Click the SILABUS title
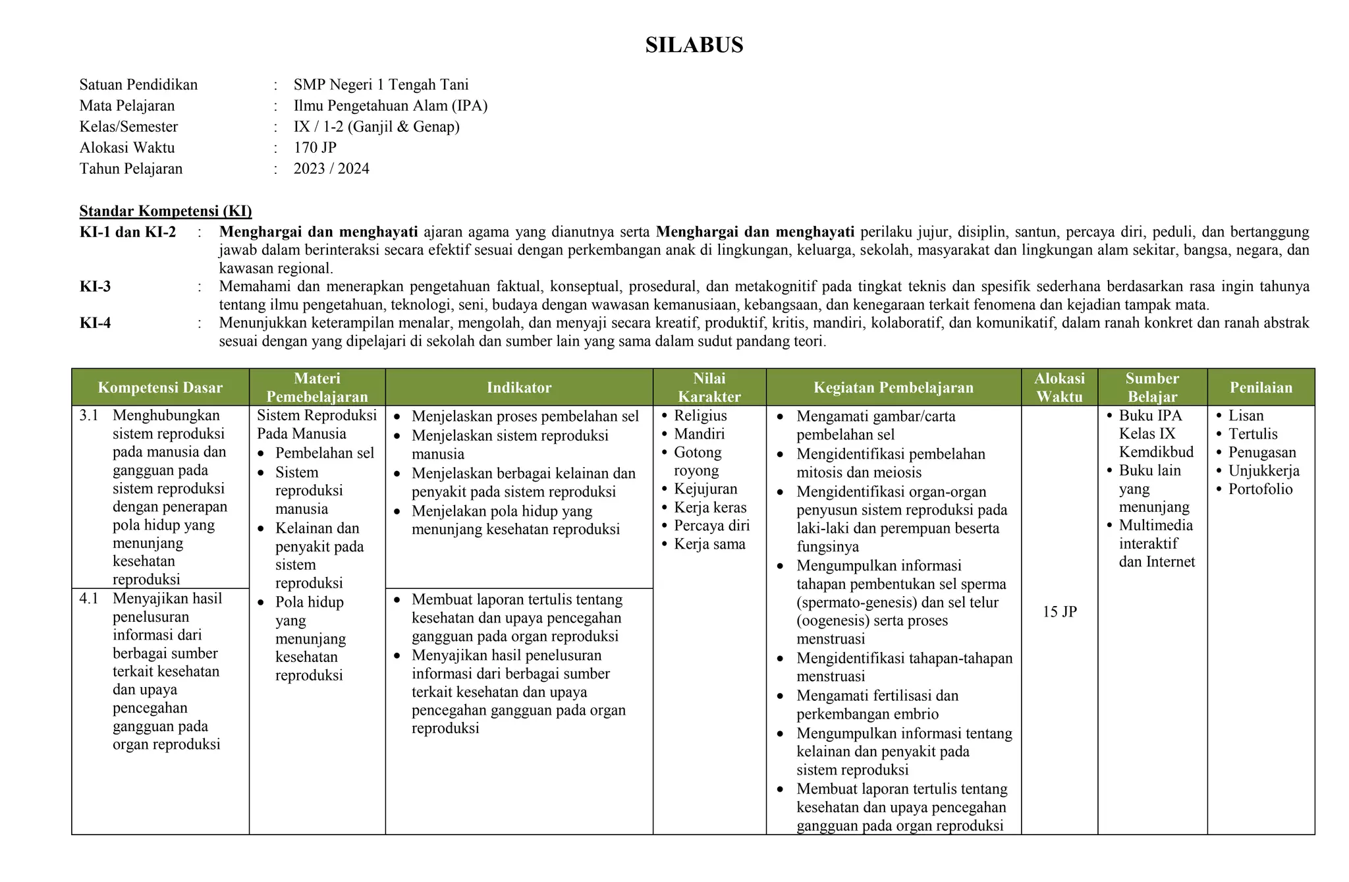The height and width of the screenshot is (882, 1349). [694, 45]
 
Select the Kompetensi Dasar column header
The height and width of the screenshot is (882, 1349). [160, 387]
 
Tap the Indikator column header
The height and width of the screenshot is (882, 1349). [519, 387]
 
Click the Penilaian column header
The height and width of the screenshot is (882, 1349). [1261, 387]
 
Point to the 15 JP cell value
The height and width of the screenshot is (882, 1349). [1059, 612]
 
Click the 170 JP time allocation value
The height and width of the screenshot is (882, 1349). [315, 148]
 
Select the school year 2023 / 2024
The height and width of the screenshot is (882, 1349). [331, 169]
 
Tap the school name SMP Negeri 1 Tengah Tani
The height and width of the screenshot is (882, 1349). [381, 84]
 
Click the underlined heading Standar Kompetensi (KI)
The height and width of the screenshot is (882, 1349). [165, 211]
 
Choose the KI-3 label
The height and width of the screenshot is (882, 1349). [96, 287]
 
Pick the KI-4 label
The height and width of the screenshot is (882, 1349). [96, 323]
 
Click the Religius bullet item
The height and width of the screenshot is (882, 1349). [700, 416]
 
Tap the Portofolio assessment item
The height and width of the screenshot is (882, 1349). [1260, 489]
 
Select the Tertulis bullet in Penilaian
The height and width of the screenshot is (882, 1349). [1253, 434]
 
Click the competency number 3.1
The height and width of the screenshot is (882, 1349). [89, 416]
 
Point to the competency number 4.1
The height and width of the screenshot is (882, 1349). [89, 599]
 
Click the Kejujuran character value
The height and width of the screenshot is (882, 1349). [705, 489]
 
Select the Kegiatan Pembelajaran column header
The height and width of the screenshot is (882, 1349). [893, 387]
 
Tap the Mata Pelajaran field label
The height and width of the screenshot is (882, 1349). [127, 105]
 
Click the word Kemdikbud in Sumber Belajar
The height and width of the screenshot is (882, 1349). [1156, 452]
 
